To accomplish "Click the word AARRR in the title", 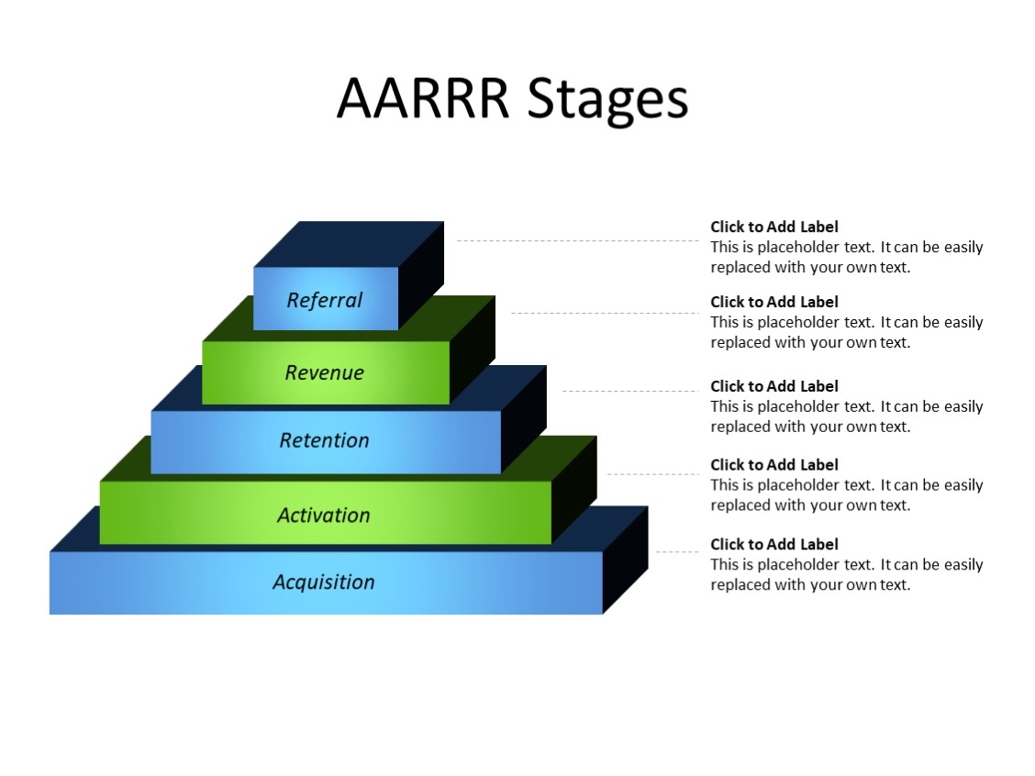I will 422,98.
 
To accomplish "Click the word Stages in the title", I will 607,100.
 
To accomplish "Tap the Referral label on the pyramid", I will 325,300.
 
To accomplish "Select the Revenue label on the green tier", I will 325,372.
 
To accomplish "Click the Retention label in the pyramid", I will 325,440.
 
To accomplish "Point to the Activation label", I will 324,515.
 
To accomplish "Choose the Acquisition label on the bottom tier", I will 324,582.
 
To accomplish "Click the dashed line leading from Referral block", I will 578,240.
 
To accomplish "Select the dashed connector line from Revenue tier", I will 606,313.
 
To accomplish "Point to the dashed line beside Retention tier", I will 630,391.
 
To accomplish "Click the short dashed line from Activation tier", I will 653,474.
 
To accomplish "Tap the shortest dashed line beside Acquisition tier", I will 676,552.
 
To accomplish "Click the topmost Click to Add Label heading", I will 774,227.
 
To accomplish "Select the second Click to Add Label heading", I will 774,302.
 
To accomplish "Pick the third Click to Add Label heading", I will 774,386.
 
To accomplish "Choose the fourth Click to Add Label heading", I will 774,465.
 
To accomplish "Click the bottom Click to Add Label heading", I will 774,544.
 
